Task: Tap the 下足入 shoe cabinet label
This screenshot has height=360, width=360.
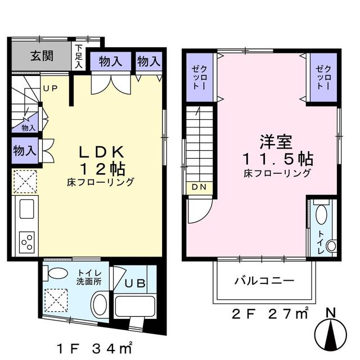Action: tap(79, 57)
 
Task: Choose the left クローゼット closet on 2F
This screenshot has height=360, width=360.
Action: tap(199, 78)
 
